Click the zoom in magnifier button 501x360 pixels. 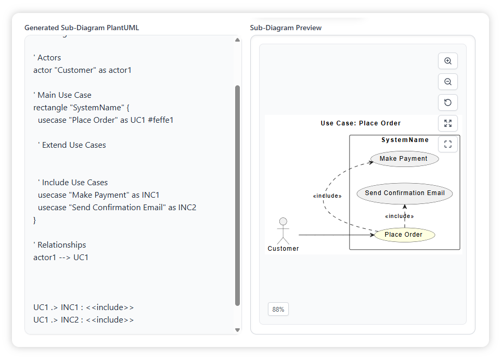tap(448, 61)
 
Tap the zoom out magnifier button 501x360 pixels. tap(448, 82)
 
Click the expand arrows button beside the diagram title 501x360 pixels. tap(448, 123)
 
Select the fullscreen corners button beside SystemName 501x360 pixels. tap(448, 144)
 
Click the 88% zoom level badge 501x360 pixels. tap(278, 309)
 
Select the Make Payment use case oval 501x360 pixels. tap(404, 159)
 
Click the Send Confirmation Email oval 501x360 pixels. tap(405, 193)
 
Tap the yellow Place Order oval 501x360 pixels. tap(404, 235)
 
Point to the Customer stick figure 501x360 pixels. tap(283, 231)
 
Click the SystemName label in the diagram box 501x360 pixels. tap(405, 140)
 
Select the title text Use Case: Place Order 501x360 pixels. tap(361, 123)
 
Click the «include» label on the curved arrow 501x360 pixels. tap(327, 196)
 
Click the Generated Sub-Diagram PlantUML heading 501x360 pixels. tap(82, 28)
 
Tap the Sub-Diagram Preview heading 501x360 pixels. tap(286, 28)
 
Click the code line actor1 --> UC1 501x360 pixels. tap(61, 257)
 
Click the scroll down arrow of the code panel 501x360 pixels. tap(238, 330)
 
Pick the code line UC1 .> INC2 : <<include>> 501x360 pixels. tap(83, 319)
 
